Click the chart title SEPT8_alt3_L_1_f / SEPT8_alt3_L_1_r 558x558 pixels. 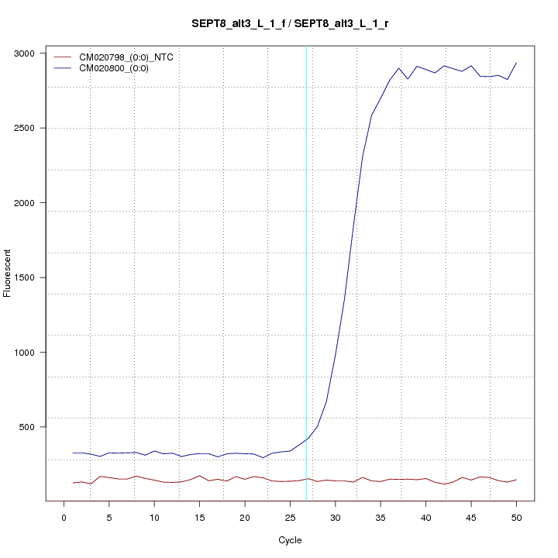coord(290,23)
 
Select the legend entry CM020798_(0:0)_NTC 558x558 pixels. coord(126,57)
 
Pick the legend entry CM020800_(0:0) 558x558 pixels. coord(119,68)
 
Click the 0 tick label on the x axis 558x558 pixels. coord(64,517)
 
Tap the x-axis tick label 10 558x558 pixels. coord(154,517)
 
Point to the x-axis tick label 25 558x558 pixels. coord(290,517)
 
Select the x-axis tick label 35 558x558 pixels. coord(381,517)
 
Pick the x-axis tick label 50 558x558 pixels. coord(516,517)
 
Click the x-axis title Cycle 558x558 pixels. coord(290,540)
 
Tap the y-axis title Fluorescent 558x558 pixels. coord(9,273)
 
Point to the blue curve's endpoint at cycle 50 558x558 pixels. coord(516,63)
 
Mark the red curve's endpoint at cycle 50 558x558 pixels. coord(516,480)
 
